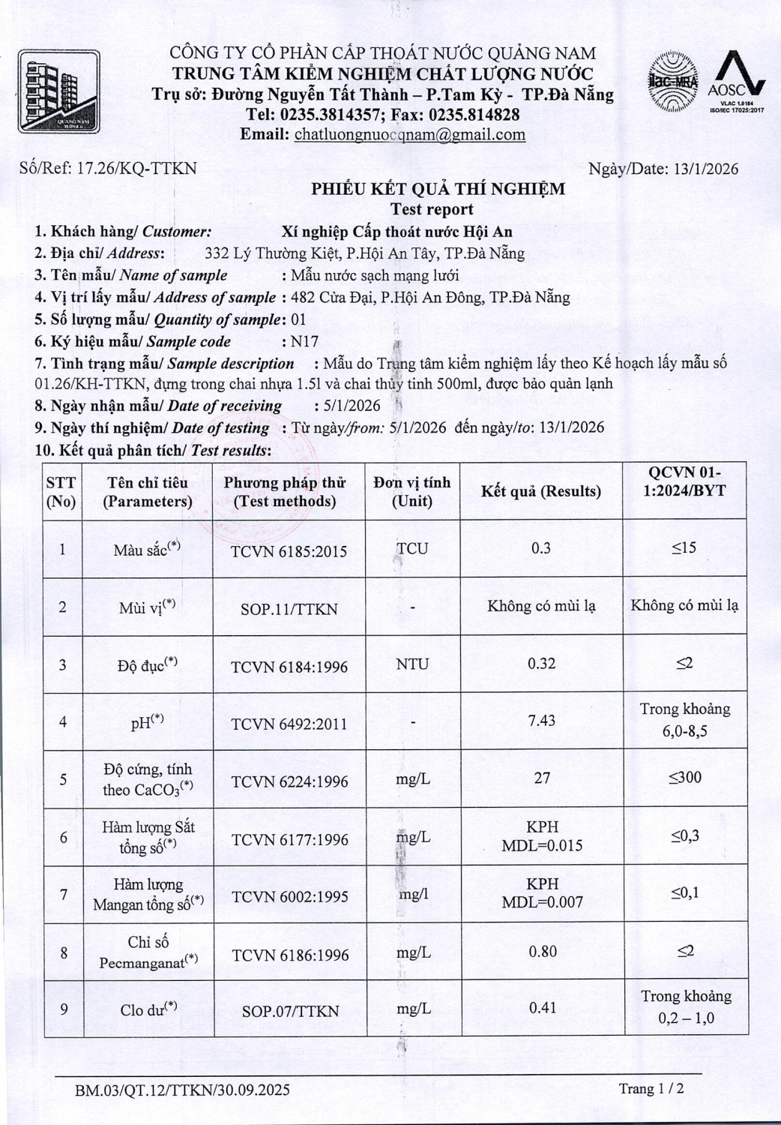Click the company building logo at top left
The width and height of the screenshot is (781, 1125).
(58, 91)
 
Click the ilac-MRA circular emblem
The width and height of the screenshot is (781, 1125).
(672, 82)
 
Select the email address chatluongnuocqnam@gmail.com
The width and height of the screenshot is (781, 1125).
(409, 135)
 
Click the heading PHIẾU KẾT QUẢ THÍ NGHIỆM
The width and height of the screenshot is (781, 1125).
(438, 189)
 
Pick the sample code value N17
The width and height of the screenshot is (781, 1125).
(304, 342)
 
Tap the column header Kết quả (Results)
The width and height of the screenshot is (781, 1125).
(541, 491)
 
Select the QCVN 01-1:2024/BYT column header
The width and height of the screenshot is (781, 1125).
(685, 481)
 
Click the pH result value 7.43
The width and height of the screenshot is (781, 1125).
(542, 721)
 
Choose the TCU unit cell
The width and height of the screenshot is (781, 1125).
(412, 549)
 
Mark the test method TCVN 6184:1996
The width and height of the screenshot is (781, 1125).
(289, 667)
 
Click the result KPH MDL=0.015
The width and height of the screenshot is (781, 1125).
(542, 836)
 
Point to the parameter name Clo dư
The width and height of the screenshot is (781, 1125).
(148, 1010)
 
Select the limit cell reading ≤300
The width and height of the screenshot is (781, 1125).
(685, 778)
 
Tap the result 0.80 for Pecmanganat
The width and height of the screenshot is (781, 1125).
(543, 952)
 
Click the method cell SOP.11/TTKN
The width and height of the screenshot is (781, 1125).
(289, 609)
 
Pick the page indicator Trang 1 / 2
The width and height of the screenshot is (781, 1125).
(651, 1088)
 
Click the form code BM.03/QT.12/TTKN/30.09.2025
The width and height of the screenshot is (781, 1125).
(182, 1090)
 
